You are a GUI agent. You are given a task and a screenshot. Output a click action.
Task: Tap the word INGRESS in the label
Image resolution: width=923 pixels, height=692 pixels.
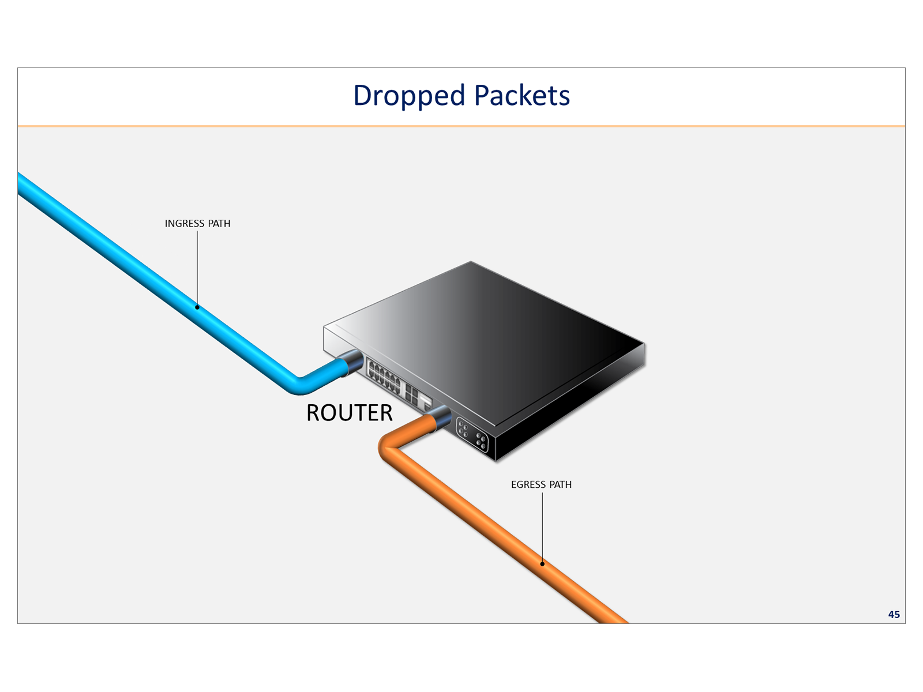click(185, 224)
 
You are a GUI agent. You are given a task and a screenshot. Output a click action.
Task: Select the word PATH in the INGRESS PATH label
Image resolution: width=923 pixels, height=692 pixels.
click(219, 224)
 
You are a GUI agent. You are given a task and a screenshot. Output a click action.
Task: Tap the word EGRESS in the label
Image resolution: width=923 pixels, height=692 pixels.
click(528, 485)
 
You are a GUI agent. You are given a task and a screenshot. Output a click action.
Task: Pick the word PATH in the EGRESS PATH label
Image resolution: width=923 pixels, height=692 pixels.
click(560, 485)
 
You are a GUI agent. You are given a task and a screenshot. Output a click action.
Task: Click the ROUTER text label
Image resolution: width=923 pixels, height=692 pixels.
click(349, 413)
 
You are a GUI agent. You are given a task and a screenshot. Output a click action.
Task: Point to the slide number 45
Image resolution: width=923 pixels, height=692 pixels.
click(894, 615)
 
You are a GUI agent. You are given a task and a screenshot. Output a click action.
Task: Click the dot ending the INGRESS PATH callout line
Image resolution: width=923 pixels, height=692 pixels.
click(197, 307)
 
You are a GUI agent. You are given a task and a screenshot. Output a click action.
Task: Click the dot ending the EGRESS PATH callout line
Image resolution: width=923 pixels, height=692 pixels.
click(542, 564)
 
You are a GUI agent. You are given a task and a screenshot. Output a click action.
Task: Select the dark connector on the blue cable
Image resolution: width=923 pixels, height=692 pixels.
click(352, 363)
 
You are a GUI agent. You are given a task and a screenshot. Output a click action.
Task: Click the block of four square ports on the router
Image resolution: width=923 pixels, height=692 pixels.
click(411, 394)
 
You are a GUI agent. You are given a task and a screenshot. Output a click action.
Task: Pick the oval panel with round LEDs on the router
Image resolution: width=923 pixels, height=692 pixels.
click(472, 434)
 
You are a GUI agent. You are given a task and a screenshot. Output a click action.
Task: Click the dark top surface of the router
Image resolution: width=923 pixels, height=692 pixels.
click(490, 323)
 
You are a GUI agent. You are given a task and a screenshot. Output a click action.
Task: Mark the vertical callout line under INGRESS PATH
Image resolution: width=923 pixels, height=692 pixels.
click(197, 268)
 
